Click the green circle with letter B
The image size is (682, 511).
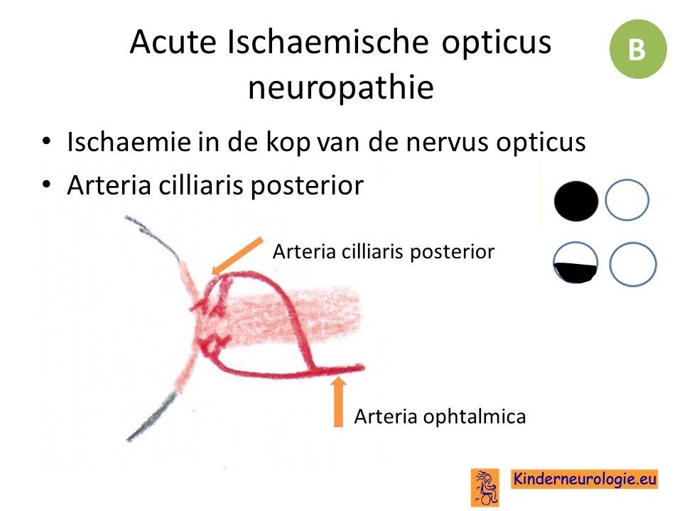click(638, 49)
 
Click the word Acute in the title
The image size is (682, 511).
click(173, 42)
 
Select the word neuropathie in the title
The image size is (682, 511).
click(341, 87)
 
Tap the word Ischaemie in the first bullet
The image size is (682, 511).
click(129, 142)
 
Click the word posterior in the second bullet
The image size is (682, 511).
click(307, 186)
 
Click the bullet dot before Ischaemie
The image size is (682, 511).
click(47, 141)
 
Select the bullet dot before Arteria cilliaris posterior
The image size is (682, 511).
click(47, 185)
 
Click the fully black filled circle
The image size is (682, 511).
click(576, 201)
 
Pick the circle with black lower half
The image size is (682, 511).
click(575, 263)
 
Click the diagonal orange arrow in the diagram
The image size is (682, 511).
click(237, 256)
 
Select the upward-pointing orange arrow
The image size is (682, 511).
click(338, 402)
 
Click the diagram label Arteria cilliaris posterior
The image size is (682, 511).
click(383, 251)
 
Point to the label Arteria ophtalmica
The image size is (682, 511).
click(440, 417)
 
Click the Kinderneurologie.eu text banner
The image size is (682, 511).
click(584, 479)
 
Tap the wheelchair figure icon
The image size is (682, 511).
click(485, 487)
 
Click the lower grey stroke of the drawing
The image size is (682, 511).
click(151, 417)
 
